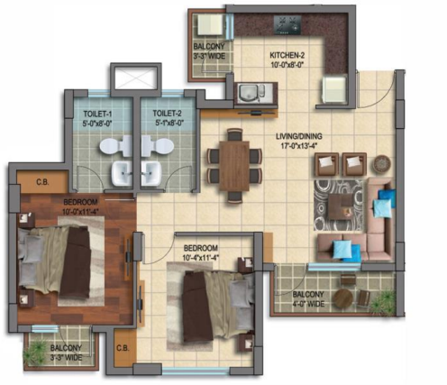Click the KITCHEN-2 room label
pos(287,55)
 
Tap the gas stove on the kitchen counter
pos(287,25)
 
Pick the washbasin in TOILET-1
pos(122,173)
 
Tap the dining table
pos(234,166)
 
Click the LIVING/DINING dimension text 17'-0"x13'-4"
pos(299,146)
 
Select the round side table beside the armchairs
pos(382,163)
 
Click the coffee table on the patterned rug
pos(341,206)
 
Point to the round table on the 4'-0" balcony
pos(342,298)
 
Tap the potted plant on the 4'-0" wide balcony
pos(382,302)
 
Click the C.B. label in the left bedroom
pos(42,182)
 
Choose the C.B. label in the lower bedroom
pos(123,348)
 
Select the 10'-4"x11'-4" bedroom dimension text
pos(200,258)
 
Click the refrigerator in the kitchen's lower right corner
pos(334,89)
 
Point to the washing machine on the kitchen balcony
pos(210,25)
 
